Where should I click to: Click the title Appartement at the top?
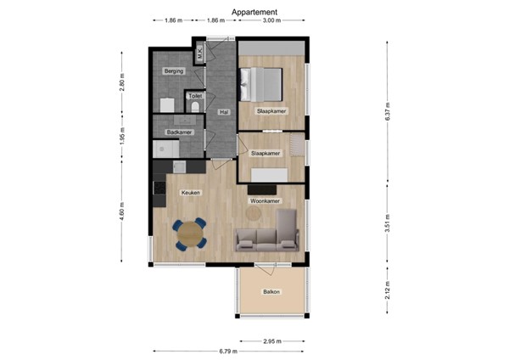(x=255, y=12)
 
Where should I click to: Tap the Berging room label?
(x=173, y=71)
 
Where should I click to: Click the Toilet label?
(x=195, y=97)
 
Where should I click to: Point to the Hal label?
(x=223, y=112)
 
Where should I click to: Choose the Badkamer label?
(x=179, y=132)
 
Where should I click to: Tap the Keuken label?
(x=190, y=194)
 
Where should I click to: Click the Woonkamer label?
(x=265, y=201)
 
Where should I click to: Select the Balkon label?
(x=271, y=292)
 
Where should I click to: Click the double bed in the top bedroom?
(x=266, y=84)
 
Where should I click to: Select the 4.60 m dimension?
(x=122, y=211)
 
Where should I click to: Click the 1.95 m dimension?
(x=122, y=138)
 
